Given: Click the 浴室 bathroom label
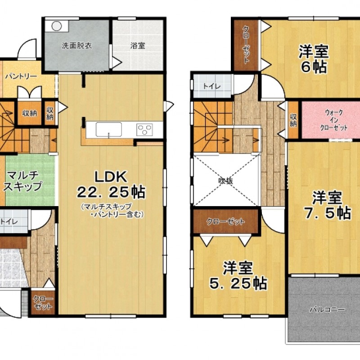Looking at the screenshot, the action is click(x=138, y=46).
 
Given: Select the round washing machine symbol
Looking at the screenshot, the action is click(x=57, y=26).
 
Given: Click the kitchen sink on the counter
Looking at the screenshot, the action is click(x=108, y=130).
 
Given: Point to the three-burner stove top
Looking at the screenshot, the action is click(x=144, y=130).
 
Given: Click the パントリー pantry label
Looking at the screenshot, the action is click(x=21, y=76).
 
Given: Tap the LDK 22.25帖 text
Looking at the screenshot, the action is click(x=111, y=184).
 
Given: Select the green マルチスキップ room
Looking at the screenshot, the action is click(x=30, y=181).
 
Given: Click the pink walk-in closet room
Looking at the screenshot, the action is click(x=331, y=120).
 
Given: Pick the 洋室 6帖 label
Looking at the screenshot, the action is click(x=314, y=59).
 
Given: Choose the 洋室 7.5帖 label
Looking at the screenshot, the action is click(x=328, y=205).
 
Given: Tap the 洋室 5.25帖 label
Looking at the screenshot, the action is click(x=238, y=276).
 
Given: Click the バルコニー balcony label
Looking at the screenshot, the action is click(x=328, y=310).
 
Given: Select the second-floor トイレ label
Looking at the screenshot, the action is click(x=212, y=86).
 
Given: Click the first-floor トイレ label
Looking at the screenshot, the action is click(x=9, y=221).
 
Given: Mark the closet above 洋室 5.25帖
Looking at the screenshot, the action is click(x=226, y=221).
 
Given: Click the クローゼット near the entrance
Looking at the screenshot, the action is click(x=43, y=302).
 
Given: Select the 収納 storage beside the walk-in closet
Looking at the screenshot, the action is click(x=293, y=120).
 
